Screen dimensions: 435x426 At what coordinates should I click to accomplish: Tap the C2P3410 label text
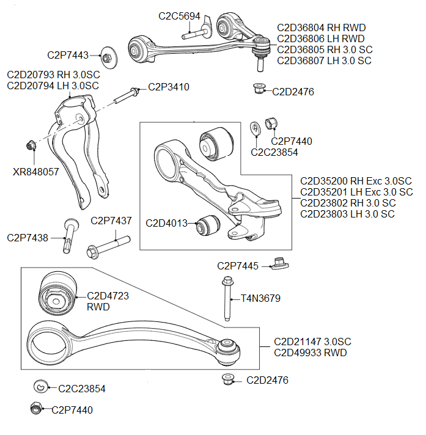169,87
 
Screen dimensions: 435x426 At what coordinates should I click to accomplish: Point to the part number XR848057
36,172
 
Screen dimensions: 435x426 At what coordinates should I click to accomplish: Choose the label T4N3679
260,299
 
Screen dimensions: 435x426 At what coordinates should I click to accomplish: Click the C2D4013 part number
166,223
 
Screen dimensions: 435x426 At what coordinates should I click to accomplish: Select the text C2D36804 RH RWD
321,27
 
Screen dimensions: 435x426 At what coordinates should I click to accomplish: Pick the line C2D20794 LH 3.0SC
53,86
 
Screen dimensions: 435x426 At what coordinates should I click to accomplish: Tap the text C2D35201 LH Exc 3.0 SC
356,192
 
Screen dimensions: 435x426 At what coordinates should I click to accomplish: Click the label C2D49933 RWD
310,353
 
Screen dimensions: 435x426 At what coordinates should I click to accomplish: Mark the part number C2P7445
238,266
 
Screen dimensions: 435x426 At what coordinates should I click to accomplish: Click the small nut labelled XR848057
31,145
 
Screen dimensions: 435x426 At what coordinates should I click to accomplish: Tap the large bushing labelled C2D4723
57,293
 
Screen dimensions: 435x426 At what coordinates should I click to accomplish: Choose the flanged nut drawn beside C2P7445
280,265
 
